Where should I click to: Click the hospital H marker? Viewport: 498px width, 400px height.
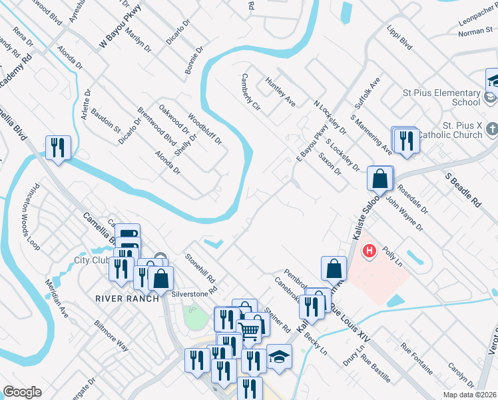[369, 252]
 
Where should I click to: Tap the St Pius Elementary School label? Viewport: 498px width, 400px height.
[442, 97]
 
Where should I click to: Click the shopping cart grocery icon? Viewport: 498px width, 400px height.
[249, 330]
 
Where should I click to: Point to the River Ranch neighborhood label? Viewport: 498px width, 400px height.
[126, 298]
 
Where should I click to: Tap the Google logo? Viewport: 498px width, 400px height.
[22, 391]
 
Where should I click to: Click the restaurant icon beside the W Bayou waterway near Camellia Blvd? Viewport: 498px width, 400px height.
[58, 147]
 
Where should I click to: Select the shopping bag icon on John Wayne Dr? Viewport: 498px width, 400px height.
[379, 178]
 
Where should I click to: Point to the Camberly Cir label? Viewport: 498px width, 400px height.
[250, 92]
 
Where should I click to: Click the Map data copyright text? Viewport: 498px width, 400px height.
[469, 395]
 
